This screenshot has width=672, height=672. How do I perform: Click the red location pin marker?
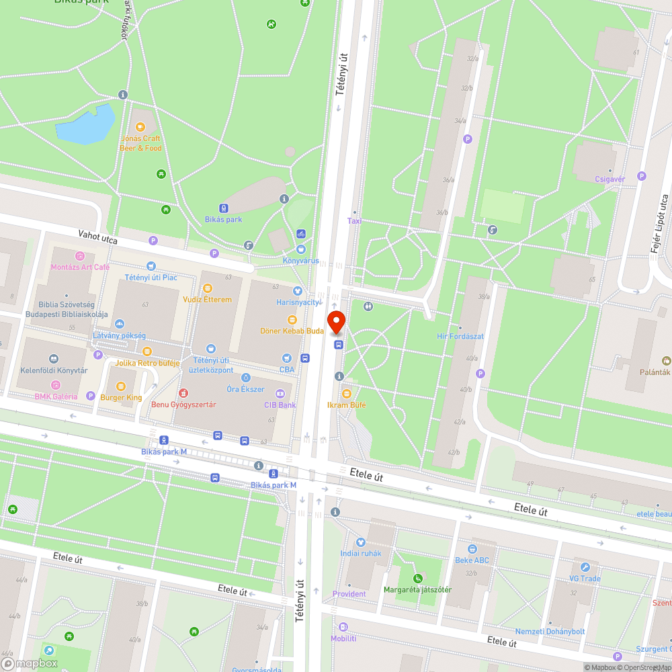[x=336, y=322]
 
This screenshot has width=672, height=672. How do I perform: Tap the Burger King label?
[x=121, y=397]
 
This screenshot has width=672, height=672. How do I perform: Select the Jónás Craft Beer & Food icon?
[x=140, y=127]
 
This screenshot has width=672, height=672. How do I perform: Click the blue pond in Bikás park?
[x=87, y=124]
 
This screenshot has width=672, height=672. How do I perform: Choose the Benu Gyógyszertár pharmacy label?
[x=183, y=405]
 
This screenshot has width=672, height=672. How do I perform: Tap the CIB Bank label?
[x=280, y=405]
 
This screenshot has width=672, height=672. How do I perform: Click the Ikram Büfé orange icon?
[x=347, y=393]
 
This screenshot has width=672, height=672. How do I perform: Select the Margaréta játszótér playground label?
[x=417, y=590]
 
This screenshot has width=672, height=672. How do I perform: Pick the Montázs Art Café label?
[x=80, y=267]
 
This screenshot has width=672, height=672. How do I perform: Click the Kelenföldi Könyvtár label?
[x=54, y=370]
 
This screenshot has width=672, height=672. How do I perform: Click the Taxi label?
[x=354, y=220]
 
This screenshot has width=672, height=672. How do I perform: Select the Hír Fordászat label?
[x=460, y=336]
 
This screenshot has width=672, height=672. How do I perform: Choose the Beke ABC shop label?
[x=472, y=560]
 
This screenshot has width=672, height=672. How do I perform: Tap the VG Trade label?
[x=585, y=579]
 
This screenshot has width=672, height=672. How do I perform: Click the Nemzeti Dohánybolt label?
[x=550, y=631]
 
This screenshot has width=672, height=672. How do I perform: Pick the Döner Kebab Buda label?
[x=292, y=331]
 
